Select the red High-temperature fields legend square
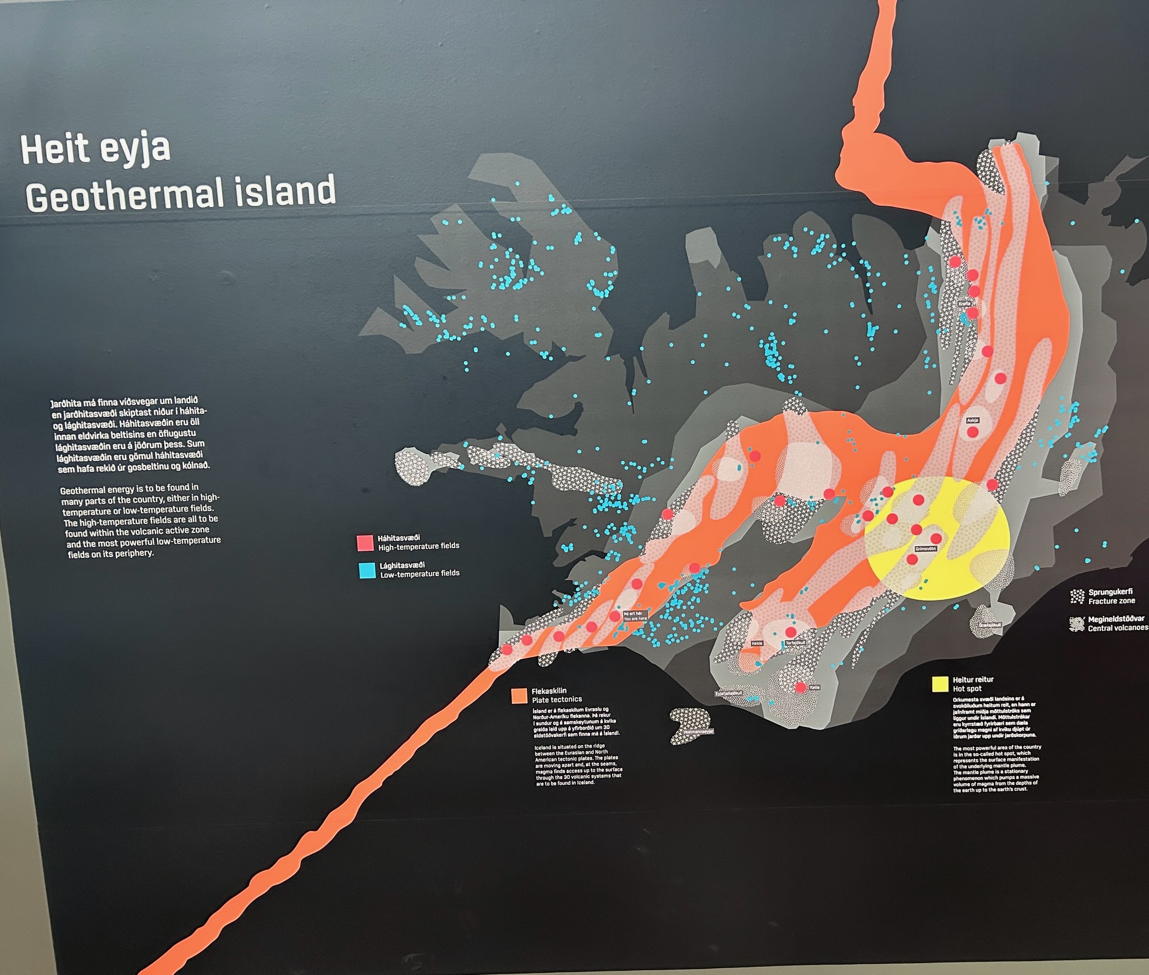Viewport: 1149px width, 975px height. [365, 542]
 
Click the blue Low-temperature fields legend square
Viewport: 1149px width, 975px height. [367, 571]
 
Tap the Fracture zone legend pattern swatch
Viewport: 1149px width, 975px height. [1077, 596]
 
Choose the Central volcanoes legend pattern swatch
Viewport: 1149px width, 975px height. [1077, 624]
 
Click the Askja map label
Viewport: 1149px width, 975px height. [972, 420]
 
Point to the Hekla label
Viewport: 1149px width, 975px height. [757, 643]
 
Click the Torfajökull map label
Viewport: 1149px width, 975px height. [796, 643]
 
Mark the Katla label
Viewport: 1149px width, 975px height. [815, 687]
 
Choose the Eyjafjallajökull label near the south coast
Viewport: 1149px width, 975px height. [729, 693]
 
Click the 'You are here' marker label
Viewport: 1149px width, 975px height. [635, 616]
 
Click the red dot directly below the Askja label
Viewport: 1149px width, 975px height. [973, 432]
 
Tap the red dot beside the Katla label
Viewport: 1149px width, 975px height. [801, 687]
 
